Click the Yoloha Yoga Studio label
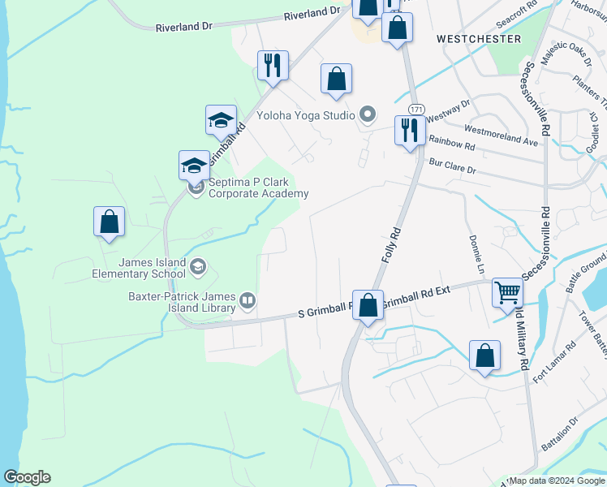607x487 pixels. (x=305, y=115)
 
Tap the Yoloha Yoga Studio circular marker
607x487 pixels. (x=368, y=114)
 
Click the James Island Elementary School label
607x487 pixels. (x=152, y=268)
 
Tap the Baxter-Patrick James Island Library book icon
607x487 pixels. (x=247, y=302)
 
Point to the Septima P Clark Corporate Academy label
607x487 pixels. (x=258, y=187)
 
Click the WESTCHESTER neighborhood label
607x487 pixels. (x=479, y=38)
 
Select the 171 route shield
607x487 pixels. (x=416, y=109)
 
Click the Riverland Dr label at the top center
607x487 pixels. (x=311, y=12)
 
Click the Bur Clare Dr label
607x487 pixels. (x=454, y=168)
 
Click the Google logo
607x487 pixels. (x=27, y=477)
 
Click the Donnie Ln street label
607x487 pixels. (x=475, y=253)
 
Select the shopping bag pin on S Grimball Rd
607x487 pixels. (x=368, y=305)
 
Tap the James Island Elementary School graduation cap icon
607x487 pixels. (x=197, y=267)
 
